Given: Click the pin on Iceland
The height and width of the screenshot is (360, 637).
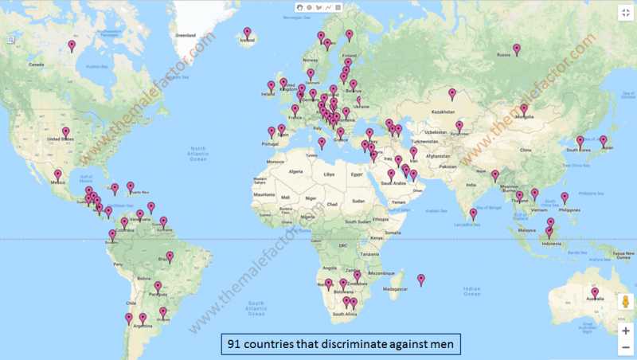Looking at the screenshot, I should coord(248,33).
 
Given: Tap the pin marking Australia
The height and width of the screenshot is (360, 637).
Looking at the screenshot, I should coord(594,293).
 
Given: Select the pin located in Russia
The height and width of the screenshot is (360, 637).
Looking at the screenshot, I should coord(517,49).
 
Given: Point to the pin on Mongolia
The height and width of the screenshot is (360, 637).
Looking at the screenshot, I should coord(524,109).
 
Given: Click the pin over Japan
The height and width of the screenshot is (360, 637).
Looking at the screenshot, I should coord(603,141).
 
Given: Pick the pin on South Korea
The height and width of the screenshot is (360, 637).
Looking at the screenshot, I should coord(580,141).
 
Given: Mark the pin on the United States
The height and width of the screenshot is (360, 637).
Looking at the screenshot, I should coord(65,133).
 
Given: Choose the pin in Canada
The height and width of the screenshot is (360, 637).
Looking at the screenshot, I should coord(72,46).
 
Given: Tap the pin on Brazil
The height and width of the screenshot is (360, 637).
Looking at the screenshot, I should coord(170,257).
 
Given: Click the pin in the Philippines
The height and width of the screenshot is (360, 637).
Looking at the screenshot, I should coord(565,198).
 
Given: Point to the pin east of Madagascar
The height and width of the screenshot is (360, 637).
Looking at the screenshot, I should coord(421,280).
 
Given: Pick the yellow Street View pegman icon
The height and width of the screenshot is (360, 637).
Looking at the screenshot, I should coord(625,303).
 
